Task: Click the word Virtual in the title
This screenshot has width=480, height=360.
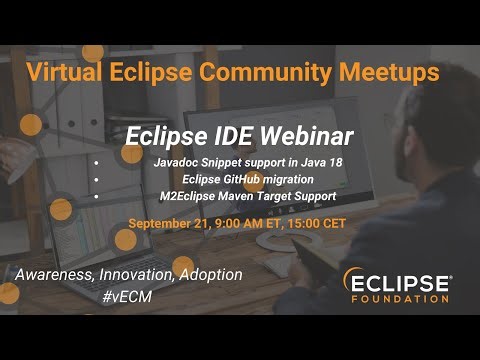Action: tap(64, 73)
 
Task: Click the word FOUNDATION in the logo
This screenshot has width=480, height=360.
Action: tap(401, 299)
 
